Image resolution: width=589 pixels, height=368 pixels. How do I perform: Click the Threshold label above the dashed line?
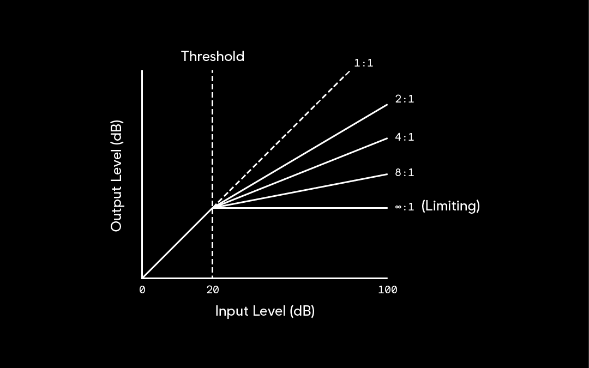pyautogui.click(x=213, y=56)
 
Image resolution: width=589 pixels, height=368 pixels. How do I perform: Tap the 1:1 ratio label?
pyautogui.click(x=363, y=63)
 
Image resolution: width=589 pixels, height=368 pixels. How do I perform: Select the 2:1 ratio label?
pyautogui.click(x=404, y=99)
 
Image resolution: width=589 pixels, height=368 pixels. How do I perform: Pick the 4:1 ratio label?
pyautogui.click(x=404, y=137)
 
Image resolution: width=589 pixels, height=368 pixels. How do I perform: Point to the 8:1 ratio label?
pyautogui.click(x=404, y=173)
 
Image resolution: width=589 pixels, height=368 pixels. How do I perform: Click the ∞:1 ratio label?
pyautogui.click(x=404, y=207)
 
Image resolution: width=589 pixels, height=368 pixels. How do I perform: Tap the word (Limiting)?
pyautogui.click(x=450, y=206)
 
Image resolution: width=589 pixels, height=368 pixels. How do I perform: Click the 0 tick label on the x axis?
pyautogui.click(x=142, y=290)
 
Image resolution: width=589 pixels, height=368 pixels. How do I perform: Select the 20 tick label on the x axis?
pyautogui.click(x=213, y=290)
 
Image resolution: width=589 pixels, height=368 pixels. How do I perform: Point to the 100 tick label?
pyautogui.click(x=387, y=290)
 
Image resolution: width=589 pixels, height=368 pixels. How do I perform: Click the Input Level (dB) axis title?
pyautogui.click(x=265, y=311)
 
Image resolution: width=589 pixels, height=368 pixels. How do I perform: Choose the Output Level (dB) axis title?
pyautogui.click(x=116, y=176)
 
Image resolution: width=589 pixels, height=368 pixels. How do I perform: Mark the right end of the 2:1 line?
pyautogui.click(x=387, y=104)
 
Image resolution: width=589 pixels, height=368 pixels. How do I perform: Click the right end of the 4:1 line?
pyautogui.click(x=387, y=138)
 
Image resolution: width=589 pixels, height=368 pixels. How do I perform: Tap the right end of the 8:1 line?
pyautogui.click(x=387, y=174)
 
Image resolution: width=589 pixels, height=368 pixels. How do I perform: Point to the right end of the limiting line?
pyautogui.click(x=387, y=208)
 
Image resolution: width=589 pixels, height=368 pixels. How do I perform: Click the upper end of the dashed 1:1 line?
pyautogui.click(x=350, y=70)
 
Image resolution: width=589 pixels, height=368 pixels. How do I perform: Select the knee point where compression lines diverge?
pyautogui.click(x=213, y=208)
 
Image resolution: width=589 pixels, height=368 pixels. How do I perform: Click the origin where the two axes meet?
pyautogui.click(x=142, y=277)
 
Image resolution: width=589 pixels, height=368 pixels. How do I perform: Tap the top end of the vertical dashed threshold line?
pyautogui.click(x=212, y=71)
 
